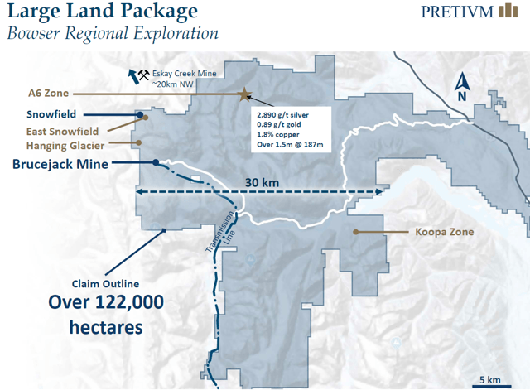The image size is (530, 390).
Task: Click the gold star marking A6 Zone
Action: pyautogui.click(x=244, y=95)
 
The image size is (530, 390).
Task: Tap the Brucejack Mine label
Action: pyautogui.click(x=60, y=164)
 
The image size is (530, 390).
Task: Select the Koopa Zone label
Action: pyautogui.click(x=444, y=232)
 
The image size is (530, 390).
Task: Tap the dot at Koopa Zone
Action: pyautogui.click(x=355, y=232)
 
